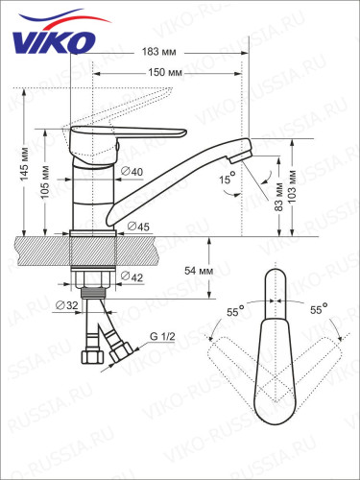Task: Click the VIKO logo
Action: (54, 39)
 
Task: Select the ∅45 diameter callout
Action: (138, 226)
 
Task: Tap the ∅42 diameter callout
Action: (132, 279)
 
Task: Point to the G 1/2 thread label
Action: (160, 336)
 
